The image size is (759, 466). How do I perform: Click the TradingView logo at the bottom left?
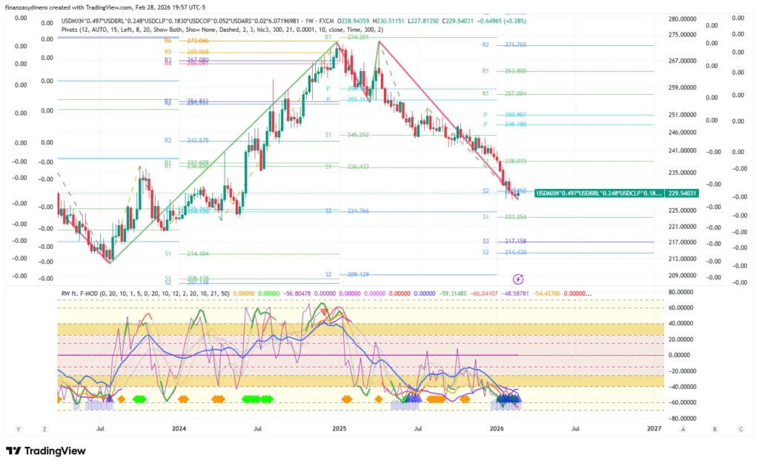click(46, 451)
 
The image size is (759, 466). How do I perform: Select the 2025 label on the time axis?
click(339, 429)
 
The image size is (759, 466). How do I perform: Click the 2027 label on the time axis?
click(654, 429)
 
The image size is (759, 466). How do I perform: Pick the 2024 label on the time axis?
click(179, 429)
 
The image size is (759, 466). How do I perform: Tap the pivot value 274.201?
click(358, 37)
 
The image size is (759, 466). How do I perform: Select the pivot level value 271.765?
click(515, 45)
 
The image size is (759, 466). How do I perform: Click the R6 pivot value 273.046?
click(197, 41)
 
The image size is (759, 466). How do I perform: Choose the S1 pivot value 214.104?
click(199, 253)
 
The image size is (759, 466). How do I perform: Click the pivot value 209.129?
click(358, 274)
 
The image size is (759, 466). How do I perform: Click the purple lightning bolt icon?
click(518, 279)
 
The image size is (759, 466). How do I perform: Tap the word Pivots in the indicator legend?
click(73, 30)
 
